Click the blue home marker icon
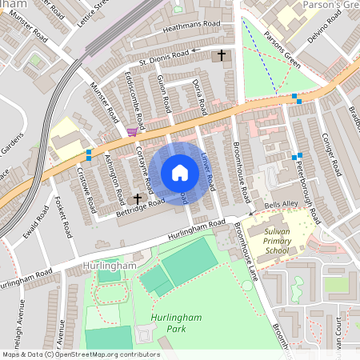coord(180,173)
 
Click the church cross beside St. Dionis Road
coord(222,55)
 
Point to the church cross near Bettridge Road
coord(137,198)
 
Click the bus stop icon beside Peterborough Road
coord(298,155)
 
